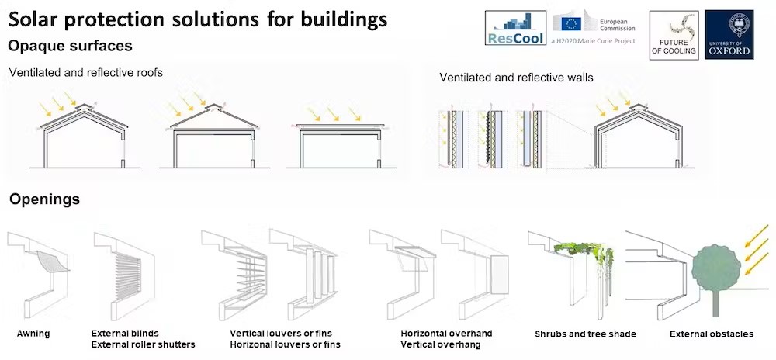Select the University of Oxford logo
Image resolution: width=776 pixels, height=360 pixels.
point(729,34)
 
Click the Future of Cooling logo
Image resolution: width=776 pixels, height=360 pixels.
point(674,35)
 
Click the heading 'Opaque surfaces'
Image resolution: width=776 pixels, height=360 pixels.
point(70,47)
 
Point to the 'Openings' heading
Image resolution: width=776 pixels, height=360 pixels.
point(44,199)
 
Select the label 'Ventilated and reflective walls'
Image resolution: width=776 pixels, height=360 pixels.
point(516,78)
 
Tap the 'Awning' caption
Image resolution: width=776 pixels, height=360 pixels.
point(33,334)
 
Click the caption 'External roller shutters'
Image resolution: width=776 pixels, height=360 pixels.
point(144,344)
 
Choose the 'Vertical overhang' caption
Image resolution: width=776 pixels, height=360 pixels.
point(441,344)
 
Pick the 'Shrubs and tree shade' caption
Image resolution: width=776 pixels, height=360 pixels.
point(585,334)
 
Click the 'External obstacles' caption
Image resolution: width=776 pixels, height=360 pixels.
point(712,334)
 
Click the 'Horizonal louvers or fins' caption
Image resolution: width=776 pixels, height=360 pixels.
point(285,344)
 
